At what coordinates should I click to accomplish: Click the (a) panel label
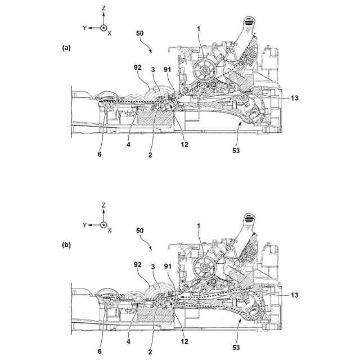[66, 49]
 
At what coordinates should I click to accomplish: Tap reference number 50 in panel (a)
[141, 34]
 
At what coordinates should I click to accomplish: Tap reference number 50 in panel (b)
[141, 231]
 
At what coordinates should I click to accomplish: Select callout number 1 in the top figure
[200, 28]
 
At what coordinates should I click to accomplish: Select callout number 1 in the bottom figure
[199, 225]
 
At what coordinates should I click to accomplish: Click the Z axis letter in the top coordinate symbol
[104, 10]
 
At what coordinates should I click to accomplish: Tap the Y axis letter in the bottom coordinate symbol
[84, 225]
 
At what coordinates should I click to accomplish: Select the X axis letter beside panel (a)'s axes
[110, 34]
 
